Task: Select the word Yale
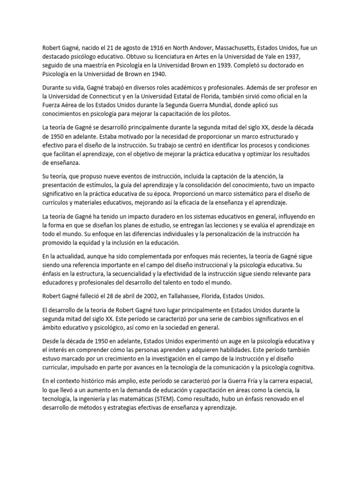coord(273,56)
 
